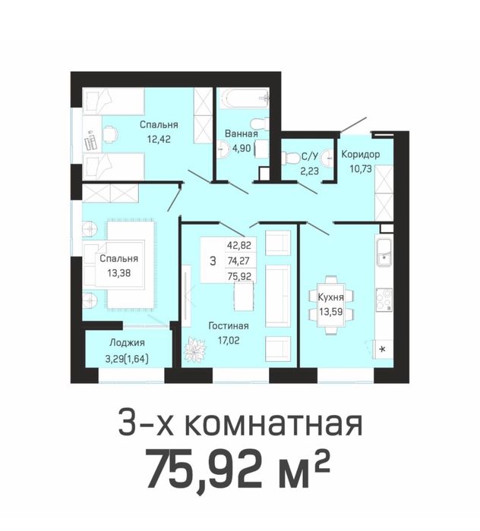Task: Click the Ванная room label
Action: coord(241,134)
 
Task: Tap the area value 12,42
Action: coord(159,139)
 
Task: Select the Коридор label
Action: coord(360,155)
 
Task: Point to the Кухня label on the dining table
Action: coord(330,297)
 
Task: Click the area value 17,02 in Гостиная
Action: coord(229,341)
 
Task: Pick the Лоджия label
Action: coord(127,343)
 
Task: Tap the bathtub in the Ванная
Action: coord(244,98)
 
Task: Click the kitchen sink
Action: coord(384,253)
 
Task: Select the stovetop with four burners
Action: coord(384,300)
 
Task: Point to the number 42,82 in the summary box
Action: coord(239,245)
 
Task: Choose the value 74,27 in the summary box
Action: coord(238,260)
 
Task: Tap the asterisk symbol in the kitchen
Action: coord(382,349)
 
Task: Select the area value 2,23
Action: coord(309,171)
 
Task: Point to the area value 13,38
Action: coord(119,272)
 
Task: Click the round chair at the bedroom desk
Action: coord(110,134)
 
